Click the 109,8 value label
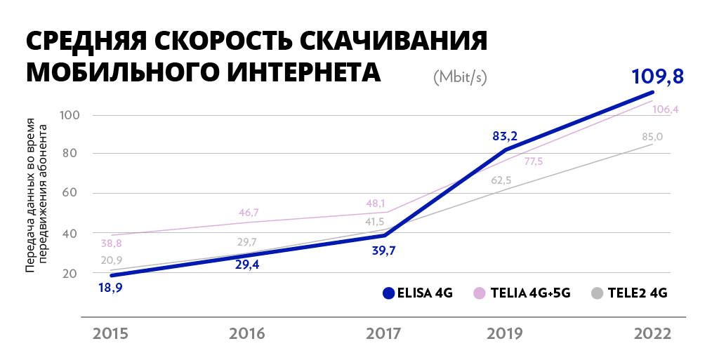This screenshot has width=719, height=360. [658, 76]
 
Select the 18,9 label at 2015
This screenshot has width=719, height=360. [110, 287]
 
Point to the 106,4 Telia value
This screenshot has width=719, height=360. [665, 110]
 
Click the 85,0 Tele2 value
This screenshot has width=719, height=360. [652, 137]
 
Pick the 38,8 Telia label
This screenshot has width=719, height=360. [111, 244]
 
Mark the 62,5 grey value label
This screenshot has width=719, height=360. [501, 180]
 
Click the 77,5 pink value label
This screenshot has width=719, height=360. [534, 161]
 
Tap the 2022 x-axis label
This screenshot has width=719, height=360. [652, 333]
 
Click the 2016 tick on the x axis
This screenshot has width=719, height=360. [247, 333]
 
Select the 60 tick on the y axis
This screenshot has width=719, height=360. [70, 194]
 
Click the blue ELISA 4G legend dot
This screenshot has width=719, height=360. [388, 293]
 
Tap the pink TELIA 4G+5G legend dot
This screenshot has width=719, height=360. [480, 293]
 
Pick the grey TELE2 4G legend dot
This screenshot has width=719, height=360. [597, 293]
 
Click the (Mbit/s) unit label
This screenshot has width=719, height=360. [461, 76]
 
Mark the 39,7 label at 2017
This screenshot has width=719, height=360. [383, 251]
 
